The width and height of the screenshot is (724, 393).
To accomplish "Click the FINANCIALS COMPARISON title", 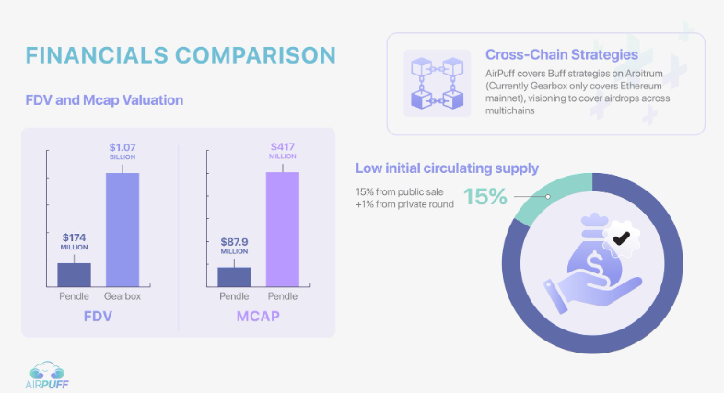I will tap(180, 54).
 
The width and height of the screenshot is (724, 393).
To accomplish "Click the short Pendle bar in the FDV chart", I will tap(75, 274).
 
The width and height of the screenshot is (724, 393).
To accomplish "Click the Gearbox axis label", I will tap(122, 297).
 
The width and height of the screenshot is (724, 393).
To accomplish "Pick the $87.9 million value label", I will tap(234, 248).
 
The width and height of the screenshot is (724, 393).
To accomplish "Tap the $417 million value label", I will tap(283, 150).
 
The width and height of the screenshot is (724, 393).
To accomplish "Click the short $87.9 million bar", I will tap(234, 276).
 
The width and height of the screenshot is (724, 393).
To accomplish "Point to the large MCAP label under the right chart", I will tap(257, 318).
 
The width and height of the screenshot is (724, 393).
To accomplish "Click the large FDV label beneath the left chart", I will tap(98, 318).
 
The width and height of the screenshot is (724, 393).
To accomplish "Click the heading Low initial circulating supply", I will tap(447, 168).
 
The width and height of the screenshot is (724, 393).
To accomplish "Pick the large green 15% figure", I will tap(485, 197).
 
